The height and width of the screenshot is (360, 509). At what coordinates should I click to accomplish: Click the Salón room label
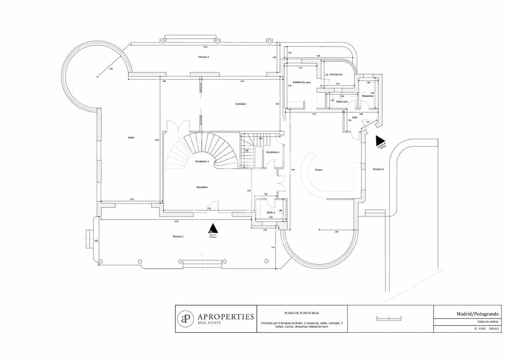[x=131, y=137]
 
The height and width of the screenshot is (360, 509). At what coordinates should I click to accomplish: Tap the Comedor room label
[x=241, y=104]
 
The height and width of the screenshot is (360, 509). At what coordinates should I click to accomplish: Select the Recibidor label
[x=202, y=187]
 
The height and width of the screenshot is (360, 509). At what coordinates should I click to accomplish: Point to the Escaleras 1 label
[x=202, y=161]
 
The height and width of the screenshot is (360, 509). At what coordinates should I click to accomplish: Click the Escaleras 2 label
[x=273, y=152]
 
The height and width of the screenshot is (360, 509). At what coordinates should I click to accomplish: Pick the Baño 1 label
[x=271, y=212]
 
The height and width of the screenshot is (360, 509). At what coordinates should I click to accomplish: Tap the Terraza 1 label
[x=178, y=236]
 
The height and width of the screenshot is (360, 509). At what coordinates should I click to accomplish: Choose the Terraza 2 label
[x=203, y=57]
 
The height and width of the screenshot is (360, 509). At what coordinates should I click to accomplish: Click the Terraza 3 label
[x=378, y=169]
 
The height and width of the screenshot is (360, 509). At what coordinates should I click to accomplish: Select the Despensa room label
[x=368, y=96]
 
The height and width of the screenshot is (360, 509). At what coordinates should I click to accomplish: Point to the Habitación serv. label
[x=302, y=82]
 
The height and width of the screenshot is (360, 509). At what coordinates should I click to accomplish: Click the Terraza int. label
[x=336, y=74]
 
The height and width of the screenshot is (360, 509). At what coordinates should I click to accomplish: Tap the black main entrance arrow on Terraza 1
[x=213, y=228]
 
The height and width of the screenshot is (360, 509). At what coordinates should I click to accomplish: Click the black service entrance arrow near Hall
[x=381, y=140]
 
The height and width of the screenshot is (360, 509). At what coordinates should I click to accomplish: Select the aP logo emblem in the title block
[x=185, y=319]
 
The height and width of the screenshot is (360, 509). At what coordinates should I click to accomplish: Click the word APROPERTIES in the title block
[x=225, y=317]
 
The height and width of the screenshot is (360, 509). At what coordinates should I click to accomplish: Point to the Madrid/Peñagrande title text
[x=478, y=314]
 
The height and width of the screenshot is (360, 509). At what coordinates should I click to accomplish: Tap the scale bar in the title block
[x=389, y=319]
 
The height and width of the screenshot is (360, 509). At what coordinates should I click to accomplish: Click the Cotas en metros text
[x=488, y=322]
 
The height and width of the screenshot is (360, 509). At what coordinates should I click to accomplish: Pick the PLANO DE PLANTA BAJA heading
[x=302, y=313]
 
